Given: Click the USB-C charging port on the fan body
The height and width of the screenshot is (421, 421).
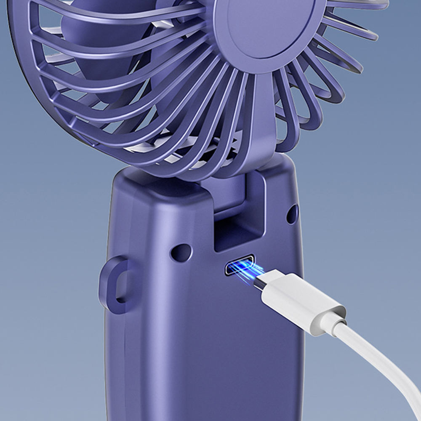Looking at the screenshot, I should click(x=239, y=265).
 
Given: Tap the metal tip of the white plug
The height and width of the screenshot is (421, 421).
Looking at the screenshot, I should click(x=262, y=280).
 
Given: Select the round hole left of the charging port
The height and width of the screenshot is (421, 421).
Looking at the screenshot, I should click(x=181, y=252).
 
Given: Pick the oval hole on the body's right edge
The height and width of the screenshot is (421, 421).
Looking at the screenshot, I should click(x=292, y=214).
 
